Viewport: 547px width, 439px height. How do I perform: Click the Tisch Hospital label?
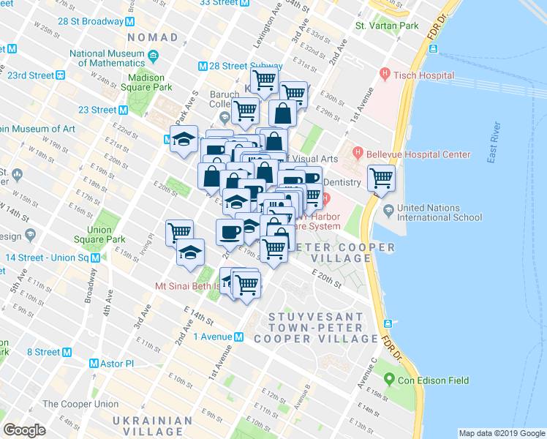(423, 75)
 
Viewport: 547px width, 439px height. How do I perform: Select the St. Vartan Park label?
(387, 26)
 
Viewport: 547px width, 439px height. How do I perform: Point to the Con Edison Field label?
(432, 380)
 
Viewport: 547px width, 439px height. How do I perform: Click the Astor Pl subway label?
(116, 364)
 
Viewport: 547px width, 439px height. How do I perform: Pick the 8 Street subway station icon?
(67, 352)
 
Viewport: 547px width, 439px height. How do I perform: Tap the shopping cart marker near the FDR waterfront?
(381, 177)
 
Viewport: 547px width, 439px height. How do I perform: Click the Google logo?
(25, 430)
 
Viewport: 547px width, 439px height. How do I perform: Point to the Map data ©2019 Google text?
(502, 433)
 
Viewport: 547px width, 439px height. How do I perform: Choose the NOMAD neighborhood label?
(152, 37)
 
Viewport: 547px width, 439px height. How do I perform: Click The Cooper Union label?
(80, 404)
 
